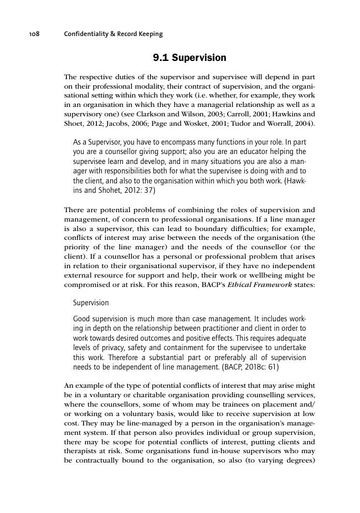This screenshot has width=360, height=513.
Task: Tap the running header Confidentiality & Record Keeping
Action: pyautogui.click(x=114, y=34)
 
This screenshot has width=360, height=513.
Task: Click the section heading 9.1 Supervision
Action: pyautogui.click(x=189, y=58)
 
